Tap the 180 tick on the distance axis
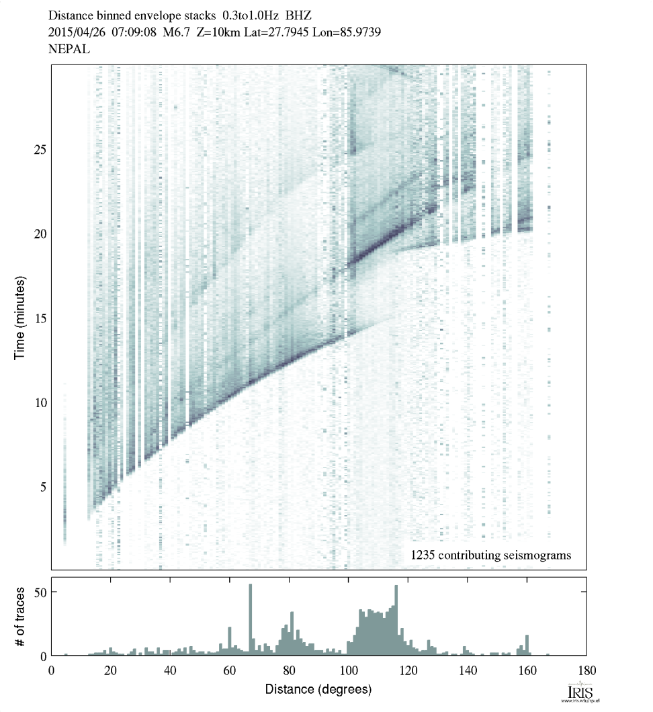click(586, 669)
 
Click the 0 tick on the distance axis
click(52, 669)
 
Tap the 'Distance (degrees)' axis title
click(318, 690)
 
